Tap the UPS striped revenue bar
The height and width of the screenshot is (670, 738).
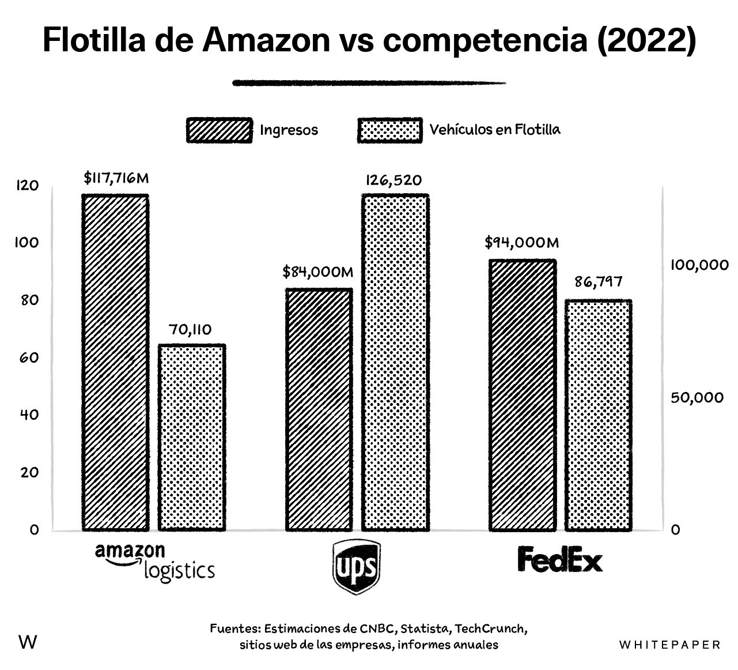click(x=319, y=409)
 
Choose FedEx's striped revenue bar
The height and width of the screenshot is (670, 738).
click(x=523, y=394)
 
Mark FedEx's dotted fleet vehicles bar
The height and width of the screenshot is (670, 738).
click(x=599, y=415)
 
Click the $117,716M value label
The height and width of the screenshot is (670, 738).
click(x=116, y=178)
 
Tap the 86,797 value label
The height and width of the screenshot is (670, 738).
click(x=598, y=283)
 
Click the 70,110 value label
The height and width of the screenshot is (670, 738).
click(x=190, y=330)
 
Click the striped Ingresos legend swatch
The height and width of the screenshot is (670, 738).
click(x=219, y=130)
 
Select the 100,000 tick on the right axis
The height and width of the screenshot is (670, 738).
click(x=699, y=265)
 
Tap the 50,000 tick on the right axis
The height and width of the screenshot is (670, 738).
click(x=697, y=398)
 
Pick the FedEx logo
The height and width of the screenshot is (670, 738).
click(x=559, y=559)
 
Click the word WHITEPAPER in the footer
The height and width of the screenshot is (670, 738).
click(x=670, y=644)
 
